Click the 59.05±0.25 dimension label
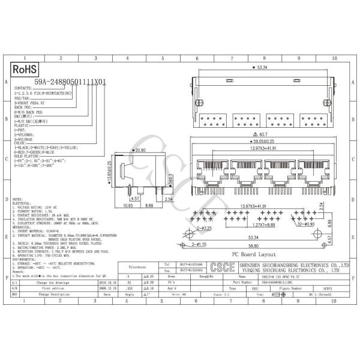coord(262,141)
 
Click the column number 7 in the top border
coord(232,59)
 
